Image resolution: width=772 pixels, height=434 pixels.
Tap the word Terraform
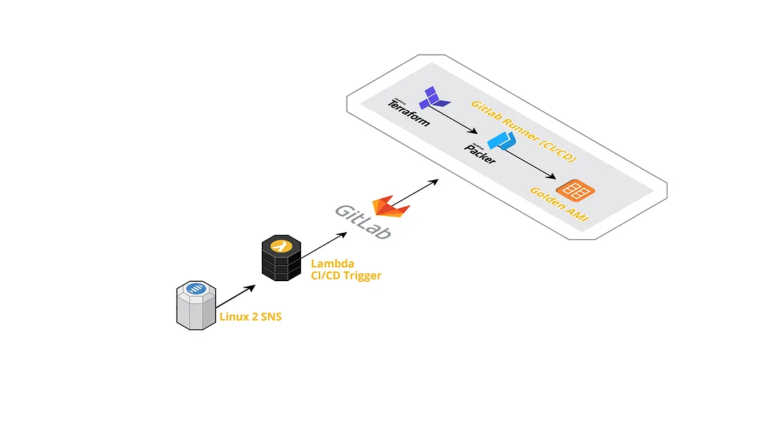coord(408,111)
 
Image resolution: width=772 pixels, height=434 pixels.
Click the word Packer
coord(481,152)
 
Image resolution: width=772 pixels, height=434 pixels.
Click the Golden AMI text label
coord(559,205)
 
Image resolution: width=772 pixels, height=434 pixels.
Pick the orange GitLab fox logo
coord(391,207)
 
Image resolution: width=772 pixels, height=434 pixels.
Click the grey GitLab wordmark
coord(362,221)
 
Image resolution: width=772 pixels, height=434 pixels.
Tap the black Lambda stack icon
coord(281,259)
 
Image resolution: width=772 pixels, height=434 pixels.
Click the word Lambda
coord(332,264)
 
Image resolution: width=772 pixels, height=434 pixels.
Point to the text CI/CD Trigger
coord(346,276)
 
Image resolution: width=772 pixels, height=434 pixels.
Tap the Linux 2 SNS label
coord(251,316)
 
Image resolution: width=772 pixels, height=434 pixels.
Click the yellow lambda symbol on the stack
coord(281,246)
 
